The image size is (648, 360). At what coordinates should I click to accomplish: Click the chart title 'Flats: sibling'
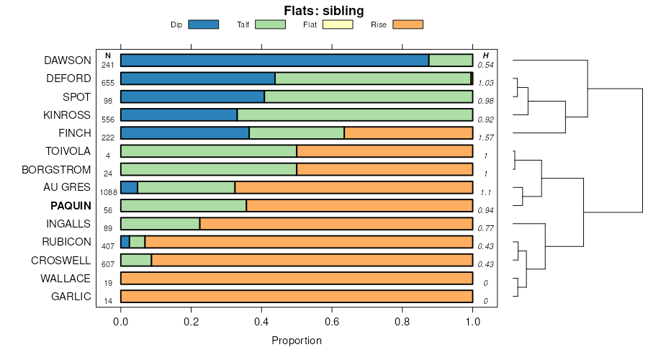click(323, 10)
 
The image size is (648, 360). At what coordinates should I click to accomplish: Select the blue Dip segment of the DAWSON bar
click(274, 60)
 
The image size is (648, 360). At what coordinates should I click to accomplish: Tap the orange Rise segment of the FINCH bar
click(408, 132)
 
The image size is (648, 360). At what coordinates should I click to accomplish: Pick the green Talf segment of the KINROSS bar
click(355, 114)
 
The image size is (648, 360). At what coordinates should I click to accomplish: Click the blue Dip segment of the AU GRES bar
click(129, 187)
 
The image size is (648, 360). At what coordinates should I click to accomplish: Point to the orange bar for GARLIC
click(297, 296)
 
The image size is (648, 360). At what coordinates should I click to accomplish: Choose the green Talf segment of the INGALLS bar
click(160, 223)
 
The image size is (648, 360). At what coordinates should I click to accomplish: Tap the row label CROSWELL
click(60, 260)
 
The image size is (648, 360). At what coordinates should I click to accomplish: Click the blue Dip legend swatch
click(203, 24)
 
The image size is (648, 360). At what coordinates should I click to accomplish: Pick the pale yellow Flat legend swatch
click(338, 24)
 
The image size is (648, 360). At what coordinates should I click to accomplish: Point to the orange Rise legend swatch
click(408, 24)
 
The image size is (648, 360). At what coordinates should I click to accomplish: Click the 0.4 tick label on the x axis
click(261, 322)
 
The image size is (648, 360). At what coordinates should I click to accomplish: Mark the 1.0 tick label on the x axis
click(472, 322)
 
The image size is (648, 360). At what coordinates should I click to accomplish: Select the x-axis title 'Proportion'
click(297, 341)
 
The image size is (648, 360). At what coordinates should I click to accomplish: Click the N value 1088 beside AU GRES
click(108, 192)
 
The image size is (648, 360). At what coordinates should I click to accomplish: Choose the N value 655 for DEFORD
click(108, 84)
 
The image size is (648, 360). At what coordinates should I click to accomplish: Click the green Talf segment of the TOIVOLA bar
click(209, 151)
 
